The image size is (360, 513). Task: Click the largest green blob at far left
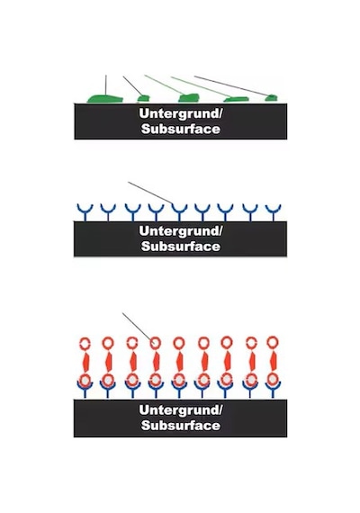pos(104,99)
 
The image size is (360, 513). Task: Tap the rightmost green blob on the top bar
pos(271,97)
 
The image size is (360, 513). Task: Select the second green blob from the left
pos(143,98)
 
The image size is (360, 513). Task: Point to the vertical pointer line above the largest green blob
pos(106,85)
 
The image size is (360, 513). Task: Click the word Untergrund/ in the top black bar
pos(181,113)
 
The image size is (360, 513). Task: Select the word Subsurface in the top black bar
pos(181,129)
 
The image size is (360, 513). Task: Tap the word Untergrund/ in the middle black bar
pos(181,230)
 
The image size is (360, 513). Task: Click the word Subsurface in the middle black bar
pos(181,246)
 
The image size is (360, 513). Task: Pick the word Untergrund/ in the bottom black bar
pos(181,409)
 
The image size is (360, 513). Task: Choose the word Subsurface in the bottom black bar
pos(181,426)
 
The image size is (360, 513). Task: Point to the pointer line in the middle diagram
pos(150,193)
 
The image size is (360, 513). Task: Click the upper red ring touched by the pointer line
pos(155,343)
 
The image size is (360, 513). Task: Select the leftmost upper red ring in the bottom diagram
pos(85,344)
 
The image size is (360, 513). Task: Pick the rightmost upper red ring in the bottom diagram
pos(273,343)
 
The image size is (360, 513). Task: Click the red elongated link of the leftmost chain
pos(85,362)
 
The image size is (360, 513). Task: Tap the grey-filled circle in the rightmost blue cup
pos(273,380)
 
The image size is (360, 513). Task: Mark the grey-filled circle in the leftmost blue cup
pos(85,381)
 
